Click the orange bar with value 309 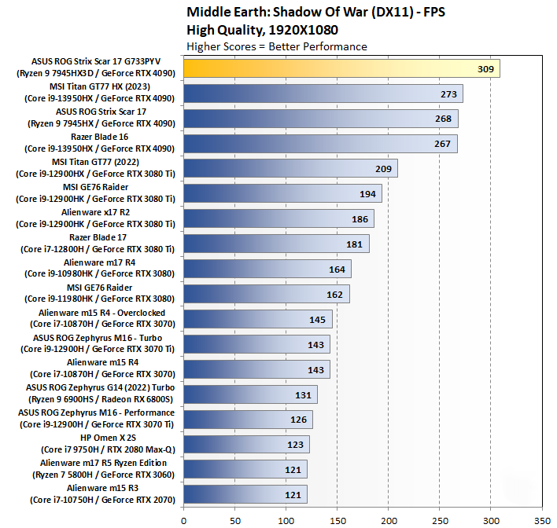coord(341,68)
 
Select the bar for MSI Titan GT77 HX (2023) coord(323,93)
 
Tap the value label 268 coord(442,119)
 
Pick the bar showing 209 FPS coord(290,168)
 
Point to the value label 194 coord(366,193)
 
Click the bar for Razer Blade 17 coord(275,244)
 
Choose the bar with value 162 coord(266,294)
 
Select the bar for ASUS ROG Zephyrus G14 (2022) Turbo coord(250,394)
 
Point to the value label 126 coord(298,420)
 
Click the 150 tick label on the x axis coord(337,519)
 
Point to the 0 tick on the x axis coord(183,519)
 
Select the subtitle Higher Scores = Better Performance coord(276,46)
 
